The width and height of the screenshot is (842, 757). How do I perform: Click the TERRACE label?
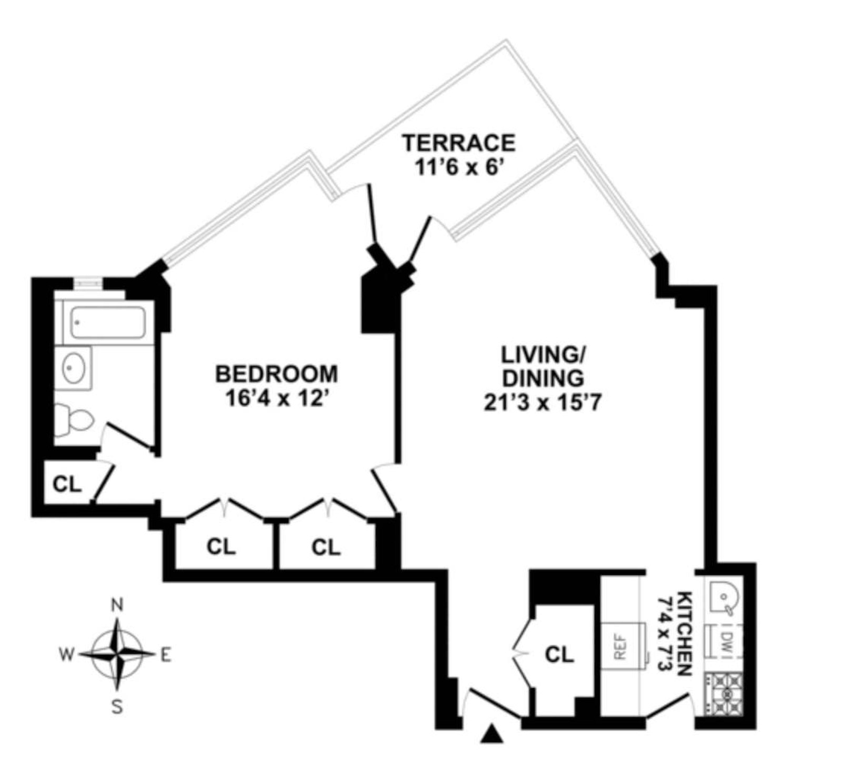click(458, 143)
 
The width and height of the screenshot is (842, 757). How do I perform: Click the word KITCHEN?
click(683, 634)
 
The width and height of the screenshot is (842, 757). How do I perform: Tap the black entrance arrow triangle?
click(492, 733)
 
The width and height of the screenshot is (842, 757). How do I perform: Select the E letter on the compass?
click(165, 655)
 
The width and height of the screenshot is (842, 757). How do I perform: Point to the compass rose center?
click(117, 655)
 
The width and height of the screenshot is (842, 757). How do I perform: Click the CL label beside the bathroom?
click(67, 484)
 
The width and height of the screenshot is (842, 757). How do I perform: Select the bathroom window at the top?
click(88, 283)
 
